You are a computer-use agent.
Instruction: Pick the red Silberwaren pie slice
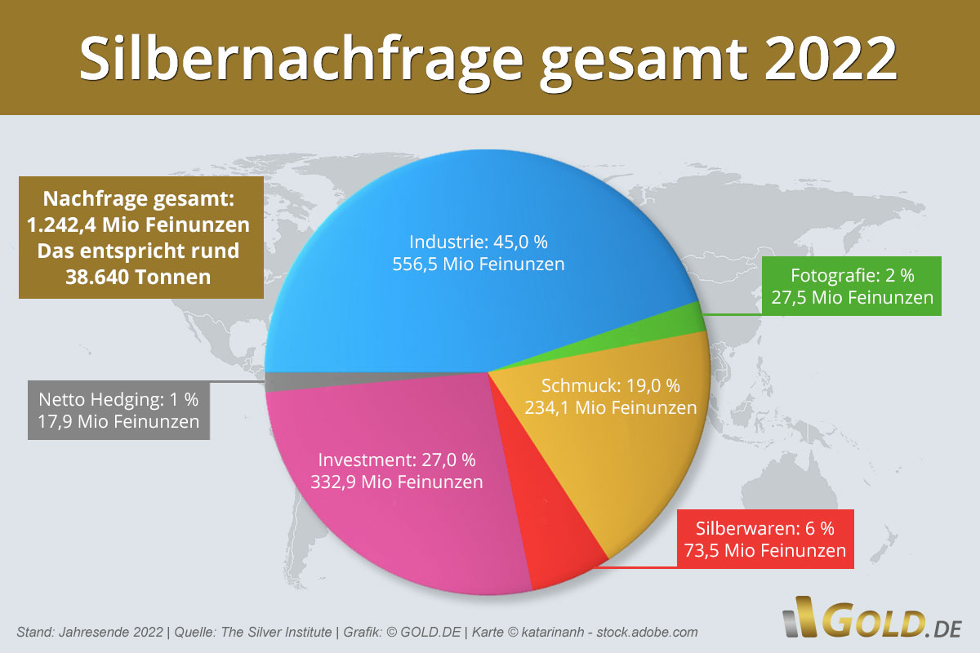click(563, 531)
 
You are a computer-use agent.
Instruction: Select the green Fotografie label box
click(852, 286)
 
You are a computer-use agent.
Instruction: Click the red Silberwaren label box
click(764, 539)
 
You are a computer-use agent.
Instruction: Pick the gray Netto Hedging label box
click(119, 410)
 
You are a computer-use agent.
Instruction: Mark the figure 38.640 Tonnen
click(138, 277)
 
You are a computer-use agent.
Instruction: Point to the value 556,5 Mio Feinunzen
click(488, 264)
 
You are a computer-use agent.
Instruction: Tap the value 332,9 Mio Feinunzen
click(396, 482)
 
